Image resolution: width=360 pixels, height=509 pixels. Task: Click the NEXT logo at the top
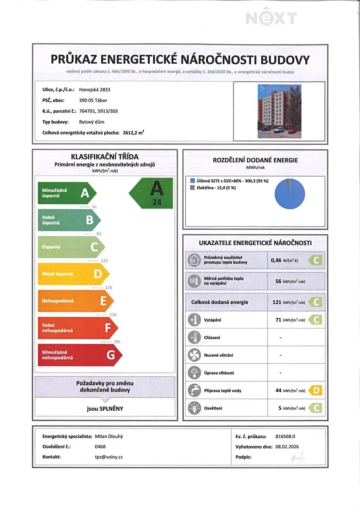[x=271, y=18]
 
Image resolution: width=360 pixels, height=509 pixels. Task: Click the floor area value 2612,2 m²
[x=133, y=133]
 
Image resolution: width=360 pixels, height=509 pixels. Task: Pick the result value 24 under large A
[x=157, y=202]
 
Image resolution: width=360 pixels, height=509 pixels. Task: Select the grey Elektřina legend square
[x=193, y=187]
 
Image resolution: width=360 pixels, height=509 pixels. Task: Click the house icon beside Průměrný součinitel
[x=194, y=260]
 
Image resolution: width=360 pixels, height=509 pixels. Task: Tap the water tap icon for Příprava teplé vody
[x=194, y=390]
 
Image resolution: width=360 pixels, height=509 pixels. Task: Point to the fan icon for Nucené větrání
[x=194, y=355]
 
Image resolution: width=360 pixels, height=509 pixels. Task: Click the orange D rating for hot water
[x=315, y=390]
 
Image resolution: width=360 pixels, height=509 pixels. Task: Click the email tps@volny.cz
[x=109, y=457]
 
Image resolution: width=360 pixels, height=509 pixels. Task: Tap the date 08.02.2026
[x=287, y=446]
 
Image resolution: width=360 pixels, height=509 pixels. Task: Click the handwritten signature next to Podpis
[x=299, y=457]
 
